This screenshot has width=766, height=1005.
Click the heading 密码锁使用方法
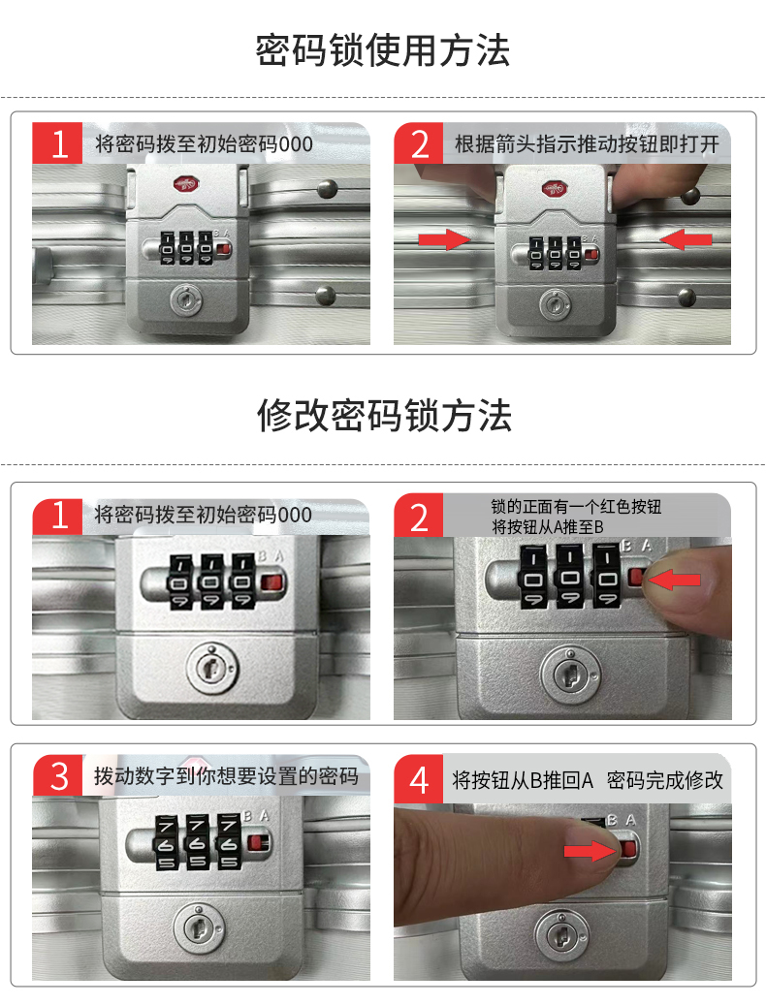click(383, 50)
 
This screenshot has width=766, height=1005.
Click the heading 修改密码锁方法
click(384, 416)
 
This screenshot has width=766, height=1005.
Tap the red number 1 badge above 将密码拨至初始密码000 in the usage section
click(57, 142)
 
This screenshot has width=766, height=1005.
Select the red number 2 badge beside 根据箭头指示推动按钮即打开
click(419, 142)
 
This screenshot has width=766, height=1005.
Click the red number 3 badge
click(57, 775)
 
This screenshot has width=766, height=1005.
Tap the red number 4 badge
click(419, 779)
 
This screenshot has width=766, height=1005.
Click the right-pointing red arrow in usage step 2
click(444, 239)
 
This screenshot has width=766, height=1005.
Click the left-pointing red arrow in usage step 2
click(686, 239)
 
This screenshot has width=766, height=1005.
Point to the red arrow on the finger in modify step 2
click(674, 581)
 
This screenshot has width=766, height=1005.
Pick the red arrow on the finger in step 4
click(590, 851)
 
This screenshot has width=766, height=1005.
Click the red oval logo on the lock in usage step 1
click(184, 185)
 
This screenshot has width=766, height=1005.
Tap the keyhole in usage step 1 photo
click(186, 299)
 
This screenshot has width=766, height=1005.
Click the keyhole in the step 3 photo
click(199, 928)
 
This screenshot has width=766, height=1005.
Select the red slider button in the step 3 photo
click(258, 842)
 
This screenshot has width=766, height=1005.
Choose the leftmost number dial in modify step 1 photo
click(180, 582)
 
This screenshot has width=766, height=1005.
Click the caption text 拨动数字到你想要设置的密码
click(226, 776)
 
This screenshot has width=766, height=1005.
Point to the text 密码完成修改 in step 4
click(665, 780)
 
